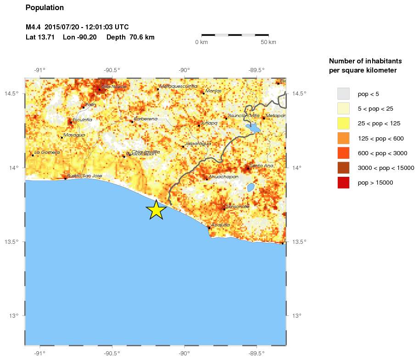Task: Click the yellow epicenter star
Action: [156, 210]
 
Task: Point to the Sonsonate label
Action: [237, 207]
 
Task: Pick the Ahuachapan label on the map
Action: [223, 177]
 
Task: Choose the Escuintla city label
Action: [82, 120]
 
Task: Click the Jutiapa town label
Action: [207, 123]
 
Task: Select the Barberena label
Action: [145, 119]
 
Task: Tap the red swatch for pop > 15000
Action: [343, 182]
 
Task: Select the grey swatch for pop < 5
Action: [343, 94]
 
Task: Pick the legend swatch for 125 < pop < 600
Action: [343, 138]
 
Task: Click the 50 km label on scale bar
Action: [268, 42]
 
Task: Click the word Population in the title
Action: [45, 8]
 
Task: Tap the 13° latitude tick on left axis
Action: [16, 315]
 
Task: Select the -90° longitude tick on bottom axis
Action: [184, 353]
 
